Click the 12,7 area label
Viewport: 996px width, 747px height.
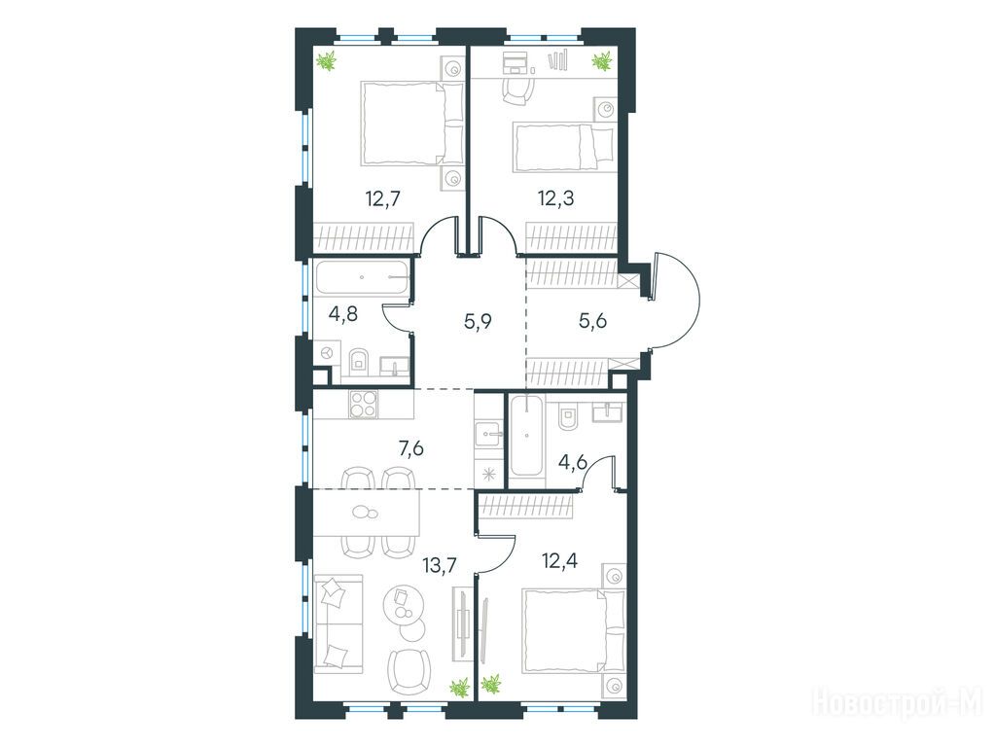(x=382, y=199)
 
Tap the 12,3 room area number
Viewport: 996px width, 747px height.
(x=555, y=198)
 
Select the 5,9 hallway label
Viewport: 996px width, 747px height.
(x=479, y=321)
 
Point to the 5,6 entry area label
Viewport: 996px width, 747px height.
(x=592, y=321)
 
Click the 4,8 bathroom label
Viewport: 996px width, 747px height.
(x=343, y=314)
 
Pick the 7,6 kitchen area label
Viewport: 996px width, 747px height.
(x=410, y=449)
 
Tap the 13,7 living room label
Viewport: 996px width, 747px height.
(x=440, y=563)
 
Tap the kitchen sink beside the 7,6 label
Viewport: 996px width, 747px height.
(x=489, y=435)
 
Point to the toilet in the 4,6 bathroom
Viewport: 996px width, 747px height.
(x=567, y=415)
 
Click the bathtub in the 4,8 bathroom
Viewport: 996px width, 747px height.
(x=362, y=277)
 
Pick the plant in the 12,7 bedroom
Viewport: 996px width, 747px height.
(x=327, y=61)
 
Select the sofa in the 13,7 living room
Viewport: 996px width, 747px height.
(x=338, y=623)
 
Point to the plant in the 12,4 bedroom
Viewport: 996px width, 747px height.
(x=490, y=685)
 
